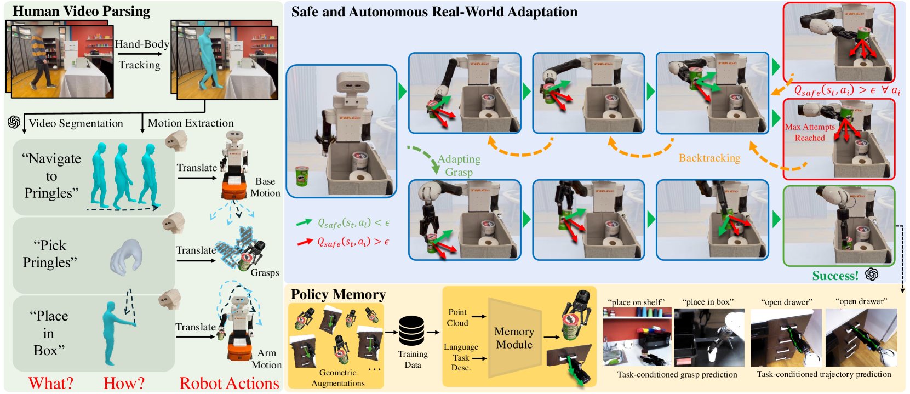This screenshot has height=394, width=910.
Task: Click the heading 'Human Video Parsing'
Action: pos(81,12)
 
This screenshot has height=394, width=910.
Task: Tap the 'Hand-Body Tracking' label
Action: pos(141,54)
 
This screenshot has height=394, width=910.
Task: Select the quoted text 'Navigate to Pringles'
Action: pos(51,176)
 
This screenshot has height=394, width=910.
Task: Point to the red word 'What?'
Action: pos(50,383)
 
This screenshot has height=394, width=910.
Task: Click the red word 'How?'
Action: pos(124,383)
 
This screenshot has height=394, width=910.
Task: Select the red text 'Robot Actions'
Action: pos(229,383)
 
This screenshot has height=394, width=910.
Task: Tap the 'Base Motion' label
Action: pos(265,187)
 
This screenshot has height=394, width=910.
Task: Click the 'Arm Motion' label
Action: pos(266,359)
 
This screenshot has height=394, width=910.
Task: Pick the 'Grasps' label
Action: pos(265,272)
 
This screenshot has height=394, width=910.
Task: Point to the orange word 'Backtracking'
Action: pos(709,158)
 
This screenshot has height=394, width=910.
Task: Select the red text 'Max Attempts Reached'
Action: pos(810,132)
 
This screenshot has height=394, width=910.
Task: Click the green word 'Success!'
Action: pos(835,276)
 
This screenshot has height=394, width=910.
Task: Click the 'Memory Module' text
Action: pos(514,338)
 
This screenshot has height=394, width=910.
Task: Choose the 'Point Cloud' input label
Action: pos(457,317)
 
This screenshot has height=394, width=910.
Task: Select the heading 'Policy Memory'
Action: pos(338,294)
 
